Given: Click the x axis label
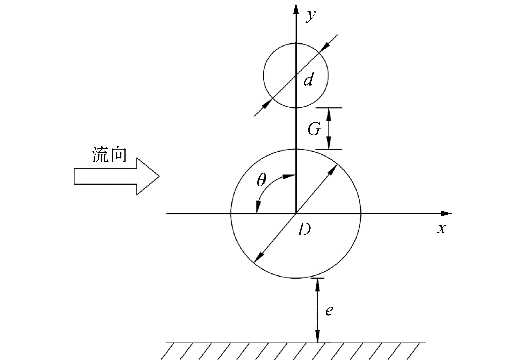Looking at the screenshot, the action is coord(442,229).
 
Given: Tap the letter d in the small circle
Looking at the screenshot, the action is coord(308,80).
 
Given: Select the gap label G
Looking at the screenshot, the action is coord(314,129).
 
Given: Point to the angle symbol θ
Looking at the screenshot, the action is coord(261,181).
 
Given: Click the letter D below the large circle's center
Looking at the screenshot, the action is coord(304,230).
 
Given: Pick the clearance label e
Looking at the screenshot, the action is coord(329,311).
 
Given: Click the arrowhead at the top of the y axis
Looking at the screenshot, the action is coord(296,8).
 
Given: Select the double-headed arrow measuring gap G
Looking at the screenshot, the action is coord(329,128).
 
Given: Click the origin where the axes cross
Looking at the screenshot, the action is coord(296,213).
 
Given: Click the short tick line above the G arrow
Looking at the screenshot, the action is coord(329,108).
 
